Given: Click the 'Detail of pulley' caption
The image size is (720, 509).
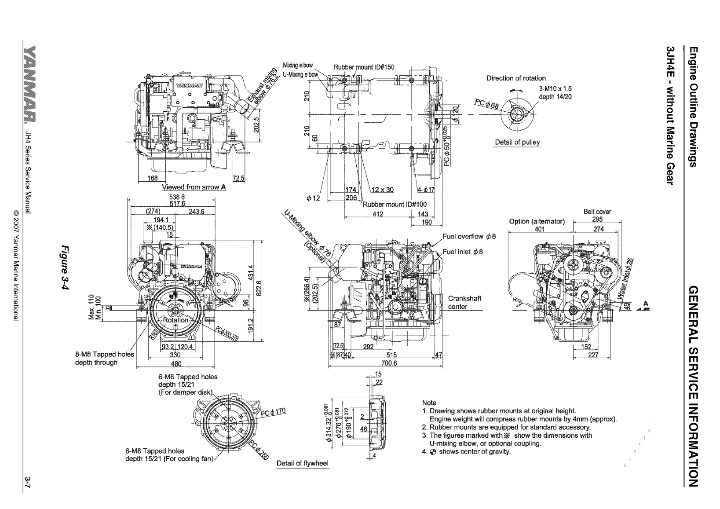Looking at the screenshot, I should click(517, 142).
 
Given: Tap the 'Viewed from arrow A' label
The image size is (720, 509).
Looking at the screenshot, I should click(194, 187).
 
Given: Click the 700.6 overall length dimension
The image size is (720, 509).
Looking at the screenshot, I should click(389, 363).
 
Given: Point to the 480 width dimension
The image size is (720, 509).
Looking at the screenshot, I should click(175, 363).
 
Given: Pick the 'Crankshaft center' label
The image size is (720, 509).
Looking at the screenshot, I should click(464, 302).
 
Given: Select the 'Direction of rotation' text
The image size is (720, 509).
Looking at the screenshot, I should click(515, 78).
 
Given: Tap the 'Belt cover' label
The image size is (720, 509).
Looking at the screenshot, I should click(597, 212).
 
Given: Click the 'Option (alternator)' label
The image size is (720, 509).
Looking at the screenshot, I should click(536, 221).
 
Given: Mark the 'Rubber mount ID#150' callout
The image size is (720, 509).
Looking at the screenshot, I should click(364, 67).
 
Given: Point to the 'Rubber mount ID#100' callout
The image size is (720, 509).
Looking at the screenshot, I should click(395, 204).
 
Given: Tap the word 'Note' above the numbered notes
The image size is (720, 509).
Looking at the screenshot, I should click(429, 403).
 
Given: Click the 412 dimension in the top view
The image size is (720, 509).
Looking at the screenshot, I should click(378, 214).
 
